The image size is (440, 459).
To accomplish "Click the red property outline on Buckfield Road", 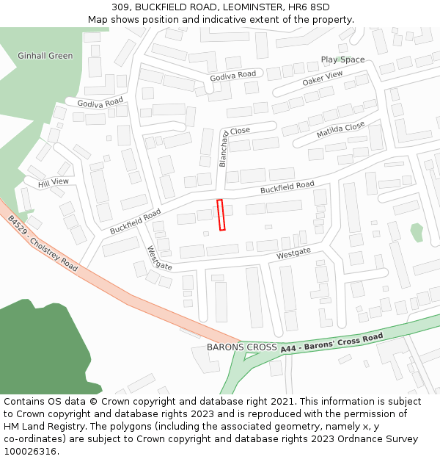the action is (221, 215).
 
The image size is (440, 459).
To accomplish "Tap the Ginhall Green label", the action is (45, 56).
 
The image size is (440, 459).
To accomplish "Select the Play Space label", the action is (342, 59).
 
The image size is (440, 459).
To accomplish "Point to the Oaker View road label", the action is (322, 79).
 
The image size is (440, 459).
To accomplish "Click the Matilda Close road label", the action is (340, 131).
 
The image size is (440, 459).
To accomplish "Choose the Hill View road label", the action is (54, 181).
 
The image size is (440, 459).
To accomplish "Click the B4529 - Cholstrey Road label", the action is (43, 243).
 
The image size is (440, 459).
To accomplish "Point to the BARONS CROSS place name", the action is (241, 347).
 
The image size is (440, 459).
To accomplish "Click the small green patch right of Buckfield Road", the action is (417, 233).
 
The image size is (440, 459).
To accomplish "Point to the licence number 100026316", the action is (30, 452).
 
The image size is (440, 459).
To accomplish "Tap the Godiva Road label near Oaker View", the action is (232, 74).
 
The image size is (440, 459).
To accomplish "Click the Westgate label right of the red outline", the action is (293, 253).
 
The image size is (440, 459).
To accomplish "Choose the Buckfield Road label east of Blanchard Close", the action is (287, 187).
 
